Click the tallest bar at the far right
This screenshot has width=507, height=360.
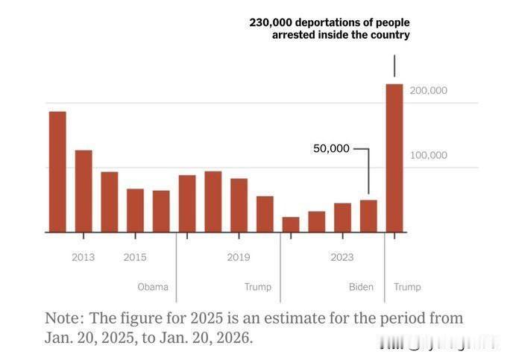tap(394, 158)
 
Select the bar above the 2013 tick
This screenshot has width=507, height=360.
tap(84, 192)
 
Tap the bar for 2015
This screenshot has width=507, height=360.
tap(135, 211)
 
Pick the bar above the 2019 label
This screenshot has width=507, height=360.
tap(239, 206)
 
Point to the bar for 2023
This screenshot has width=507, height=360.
tap(342, 218)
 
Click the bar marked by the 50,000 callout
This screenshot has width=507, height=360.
tap(368, 216)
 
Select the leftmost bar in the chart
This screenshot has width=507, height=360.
tap(57, 172)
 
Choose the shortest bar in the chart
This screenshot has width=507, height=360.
tap(291, 225)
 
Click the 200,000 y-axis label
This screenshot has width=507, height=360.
tap(428, 90)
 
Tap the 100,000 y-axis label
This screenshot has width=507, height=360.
tap(428, 155)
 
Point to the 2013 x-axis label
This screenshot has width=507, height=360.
tap(84, 258)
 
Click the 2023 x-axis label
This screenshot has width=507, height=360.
tap(342, 258)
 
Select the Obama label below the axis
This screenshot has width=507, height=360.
tap(153, 287)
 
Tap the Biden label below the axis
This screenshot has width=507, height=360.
tap(361, 287)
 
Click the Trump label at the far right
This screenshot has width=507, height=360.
tap(407, 287)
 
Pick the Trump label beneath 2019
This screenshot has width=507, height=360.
tap(258, 287)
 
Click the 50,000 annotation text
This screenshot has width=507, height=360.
tap(331, 148)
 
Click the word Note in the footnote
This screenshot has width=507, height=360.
tap(63, 318)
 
